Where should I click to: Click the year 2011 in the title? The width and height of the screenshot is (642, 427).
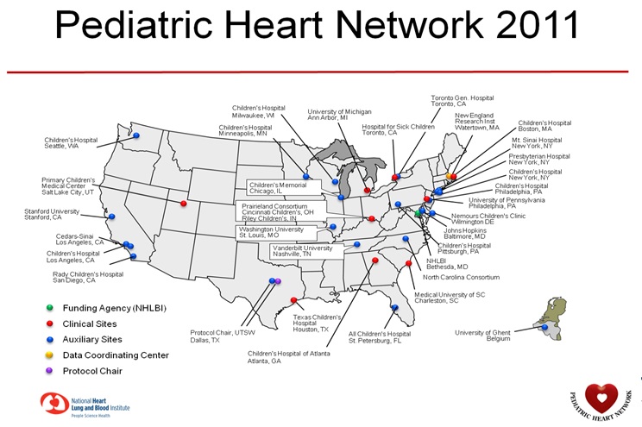tap(527, 27)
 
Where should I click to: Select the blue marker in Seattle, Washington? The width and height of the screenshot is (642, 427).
tap(135, 135)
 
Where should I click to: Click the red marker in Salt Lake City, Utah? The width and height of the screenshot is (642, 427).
tap(184, 204)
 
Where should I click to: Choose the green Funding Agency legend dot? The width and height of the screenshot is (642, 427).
tap(50, 308)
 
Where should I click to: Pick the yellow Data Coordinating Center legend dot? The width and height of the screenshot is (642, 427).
tap(50, 355)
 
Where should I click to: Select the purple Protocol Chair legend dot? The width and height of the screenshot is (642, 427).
tap(50, 371)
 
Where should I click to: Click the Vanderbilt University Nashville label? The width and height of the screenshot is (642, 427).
tap(297, 251)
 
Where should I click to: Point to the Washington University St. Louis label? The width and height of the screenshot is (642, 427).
tap(272, 232)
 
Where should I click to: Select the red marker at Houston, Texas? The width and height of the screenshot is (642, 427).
tap(294, 301)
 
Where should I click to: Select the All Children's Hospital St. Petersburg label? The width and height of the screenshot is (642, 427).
tap(380, 336)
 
